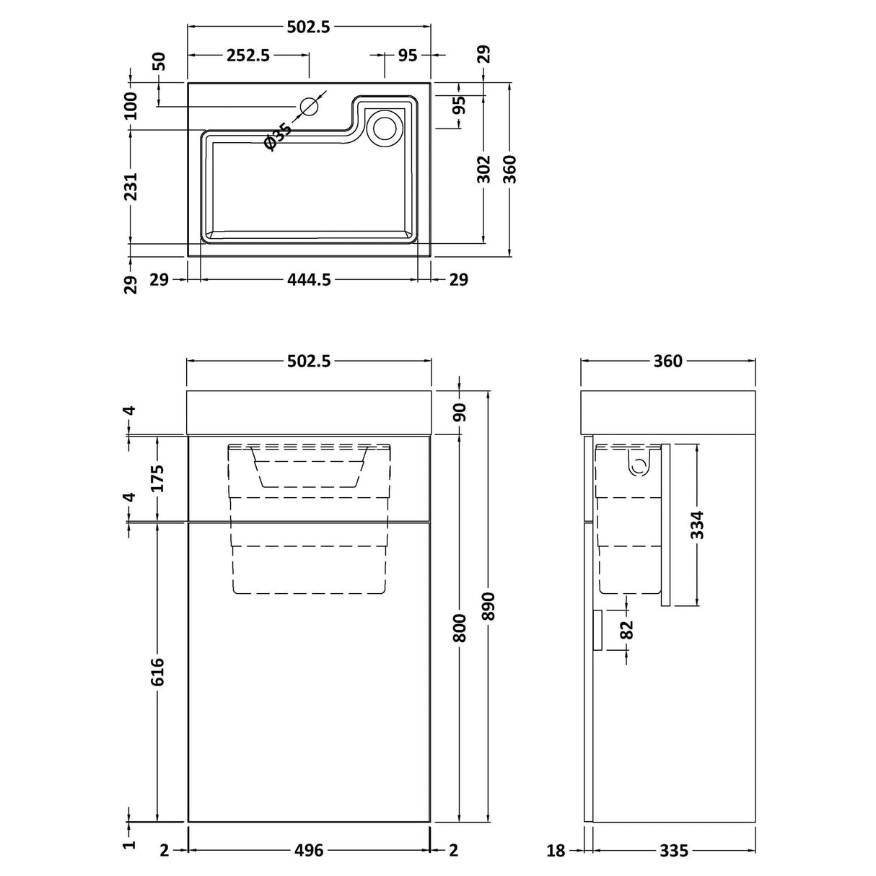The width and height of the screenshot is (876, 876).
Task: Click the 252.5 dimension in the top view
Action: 248,55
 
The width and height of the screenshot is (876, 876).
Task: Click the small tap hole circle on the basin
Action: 309,107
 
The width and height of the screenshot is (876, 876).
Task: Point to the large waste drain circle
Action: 383,127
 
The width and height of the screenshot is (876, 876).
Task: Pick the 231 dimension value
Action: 131,186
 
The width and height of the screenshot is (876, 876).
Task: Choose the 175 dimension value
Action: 158,478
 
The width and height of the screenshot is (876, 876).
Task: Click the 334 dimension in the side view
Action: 697,525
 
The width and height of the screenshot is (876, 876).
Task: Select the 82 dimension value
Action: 626,629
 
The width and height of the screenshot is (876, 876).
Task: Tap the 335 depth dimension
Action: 674,851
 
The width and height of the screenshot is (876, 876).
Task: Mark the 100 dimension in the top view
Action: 131,106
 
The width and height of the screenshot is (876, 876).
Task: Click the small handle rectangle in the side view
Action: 597,629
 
